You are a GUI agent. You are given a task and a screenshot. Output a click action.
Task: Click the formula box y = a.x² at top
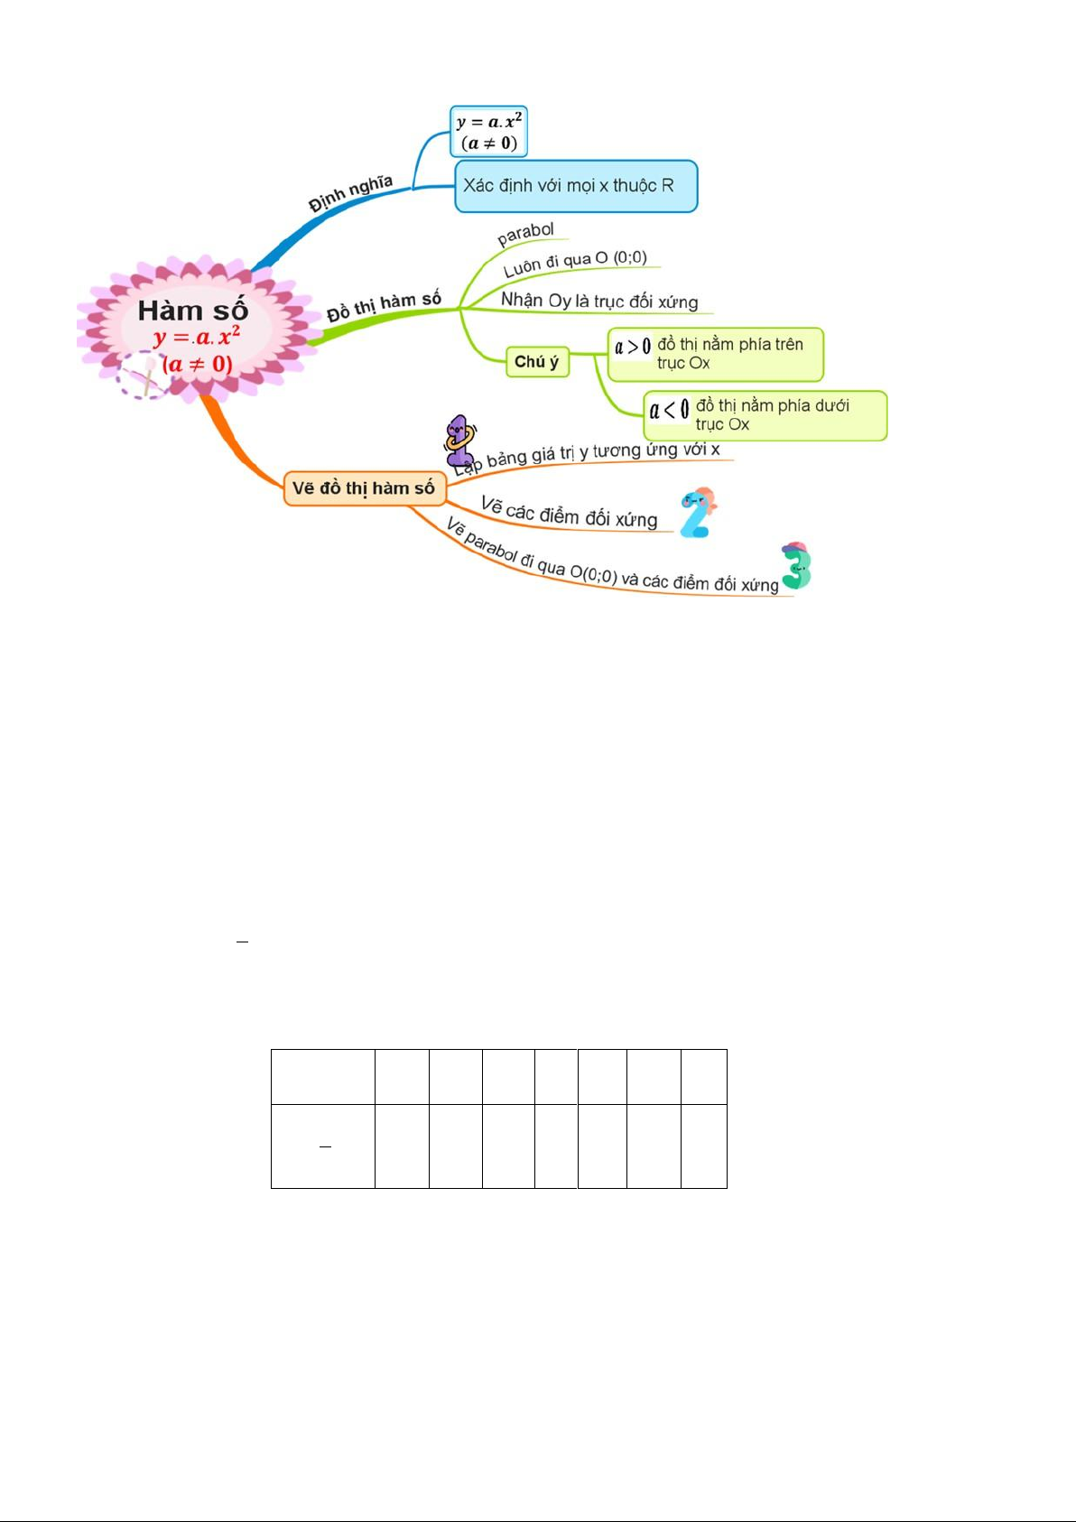[488, 131]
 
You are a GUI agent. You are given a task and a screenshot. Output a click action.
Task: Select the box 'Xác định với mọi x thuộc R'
[576, 186]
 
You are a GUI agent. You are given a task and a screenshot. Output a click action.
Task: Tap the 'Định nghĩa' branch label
[350, 194]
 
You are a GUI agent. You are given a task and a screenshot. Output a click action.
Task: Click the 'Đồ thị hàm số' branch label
[384, 306]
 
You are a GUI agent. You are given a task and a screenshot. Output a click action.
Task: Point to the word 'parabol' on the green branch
[525, 233]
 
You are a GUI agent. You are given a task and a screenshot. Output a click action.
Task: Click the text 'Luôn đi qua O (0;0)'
[575, 264]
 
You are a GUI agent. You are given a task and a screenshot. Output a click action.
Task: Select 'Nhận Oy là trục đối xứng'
[599, 301]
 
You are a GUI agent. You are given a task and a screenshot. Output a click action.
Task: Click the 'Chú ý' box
[537, 361]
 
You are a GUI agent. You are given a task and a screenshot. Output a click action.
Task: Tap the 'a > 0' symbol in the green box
[633, 347]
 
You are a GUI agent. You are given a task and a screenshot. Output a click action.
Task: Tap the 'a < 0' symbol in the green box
[669, 409]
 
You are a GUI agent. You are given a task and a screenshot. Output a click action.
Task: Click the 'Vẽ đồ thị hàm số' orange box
[365, 487]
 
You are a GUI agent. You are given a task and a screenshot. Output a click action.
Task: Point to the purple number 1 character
[459, 440]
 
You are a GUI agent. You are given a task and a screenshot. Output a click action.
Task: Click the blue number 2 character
[698, 513]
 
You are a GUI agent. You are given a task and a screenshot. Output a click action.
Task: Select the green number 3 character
[796, 565]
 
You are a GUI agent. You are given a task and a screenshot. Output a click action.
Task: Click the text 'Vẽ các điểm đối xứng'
[570, 513]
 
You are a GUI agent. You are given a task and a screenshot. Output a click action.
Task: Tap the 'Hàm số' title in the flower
[193, 311]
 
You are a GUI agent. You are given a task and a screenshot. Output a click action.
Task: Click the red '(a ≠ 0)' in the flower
[197, 364]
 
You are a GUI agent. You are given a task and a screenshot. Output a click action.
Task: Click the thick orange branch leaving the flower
[237, 443]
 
